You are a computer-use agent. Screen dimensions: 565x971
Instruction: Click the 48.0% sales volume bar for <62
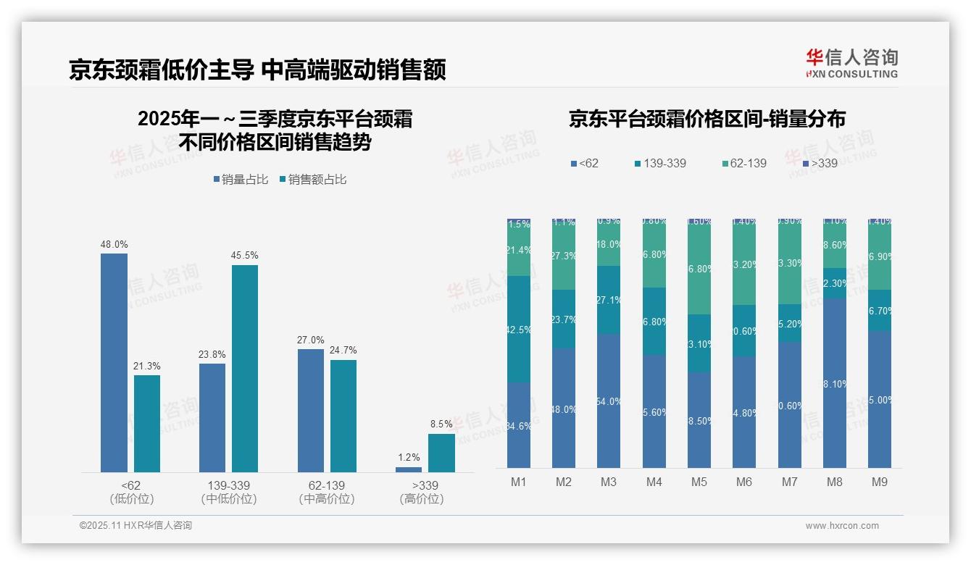coord(114,363)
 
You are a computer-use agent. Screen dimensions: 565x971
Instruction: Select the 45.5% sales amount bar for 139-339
coord(245,369)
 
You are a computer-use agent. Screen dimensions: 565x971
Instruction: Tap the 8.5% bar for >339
coord(441,453)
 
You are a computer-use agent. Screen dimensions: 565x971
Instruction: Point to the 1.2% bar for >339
coord(409,469)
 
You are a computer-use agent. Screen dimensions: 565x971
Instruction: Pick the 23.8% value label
coord(212,354)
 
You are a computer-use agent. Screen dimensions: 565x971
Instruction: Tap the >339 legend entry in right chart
coord(819,163)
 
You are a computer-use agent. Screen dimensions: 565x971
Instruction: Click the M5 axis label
coord(699,482)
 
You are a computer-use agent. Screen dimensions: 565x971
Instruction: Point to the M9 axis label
coord(879,482)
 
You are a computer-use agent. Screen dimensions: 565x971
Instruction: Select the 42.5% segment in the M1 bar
coord(519,329)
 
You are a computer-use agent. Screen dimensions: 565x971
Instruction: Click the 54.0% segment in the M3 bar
coord(609,401)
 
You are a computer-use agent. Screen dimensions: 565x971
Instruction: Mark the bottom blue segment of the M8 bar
coord(834,383)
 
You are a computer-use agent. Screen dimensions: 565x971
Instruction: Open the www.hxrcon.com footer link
coord(842,526)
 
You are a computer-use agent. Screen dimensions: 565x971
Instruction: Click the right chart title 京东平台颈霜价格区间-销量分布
coord(707,120)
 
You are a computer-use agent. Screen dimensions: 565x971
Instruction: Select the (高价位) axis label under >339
coord(422,499)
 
